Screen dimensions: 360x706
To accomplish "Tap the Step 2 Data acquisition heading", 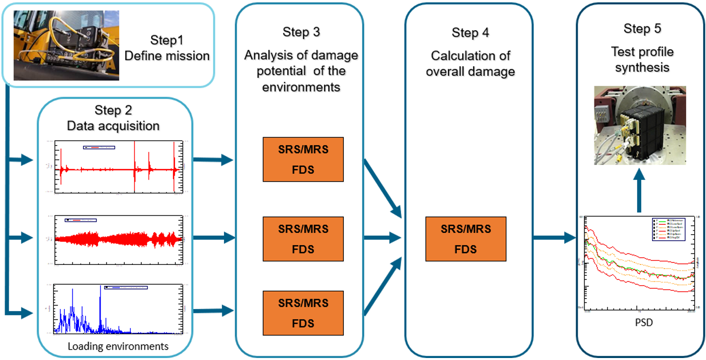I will click(113, 118).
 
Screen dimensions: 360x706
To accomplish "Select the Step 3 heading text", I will click(301, 32).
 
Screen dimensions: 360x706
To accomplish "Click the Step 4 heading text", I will click(470, 33).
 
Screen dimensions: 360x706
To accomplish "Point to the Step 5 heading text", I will click(642, 29).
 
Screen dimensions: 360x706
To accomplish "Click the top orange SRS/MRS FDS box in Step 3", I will click(303, 159).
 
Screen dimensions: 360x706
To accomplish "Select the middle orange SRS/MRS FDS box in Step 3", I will click(303, 239).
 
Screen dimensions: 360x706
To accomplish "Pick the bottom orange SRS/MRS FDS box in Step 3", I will click(303, 313).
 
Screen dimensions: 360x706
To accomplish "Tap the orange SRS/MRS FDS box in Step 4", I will click(466, 239).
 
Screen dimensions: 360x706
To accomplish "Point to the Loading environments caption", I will click(118, 346).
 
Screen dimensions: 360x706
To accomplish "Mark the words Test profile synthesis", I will click(642, 59).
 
